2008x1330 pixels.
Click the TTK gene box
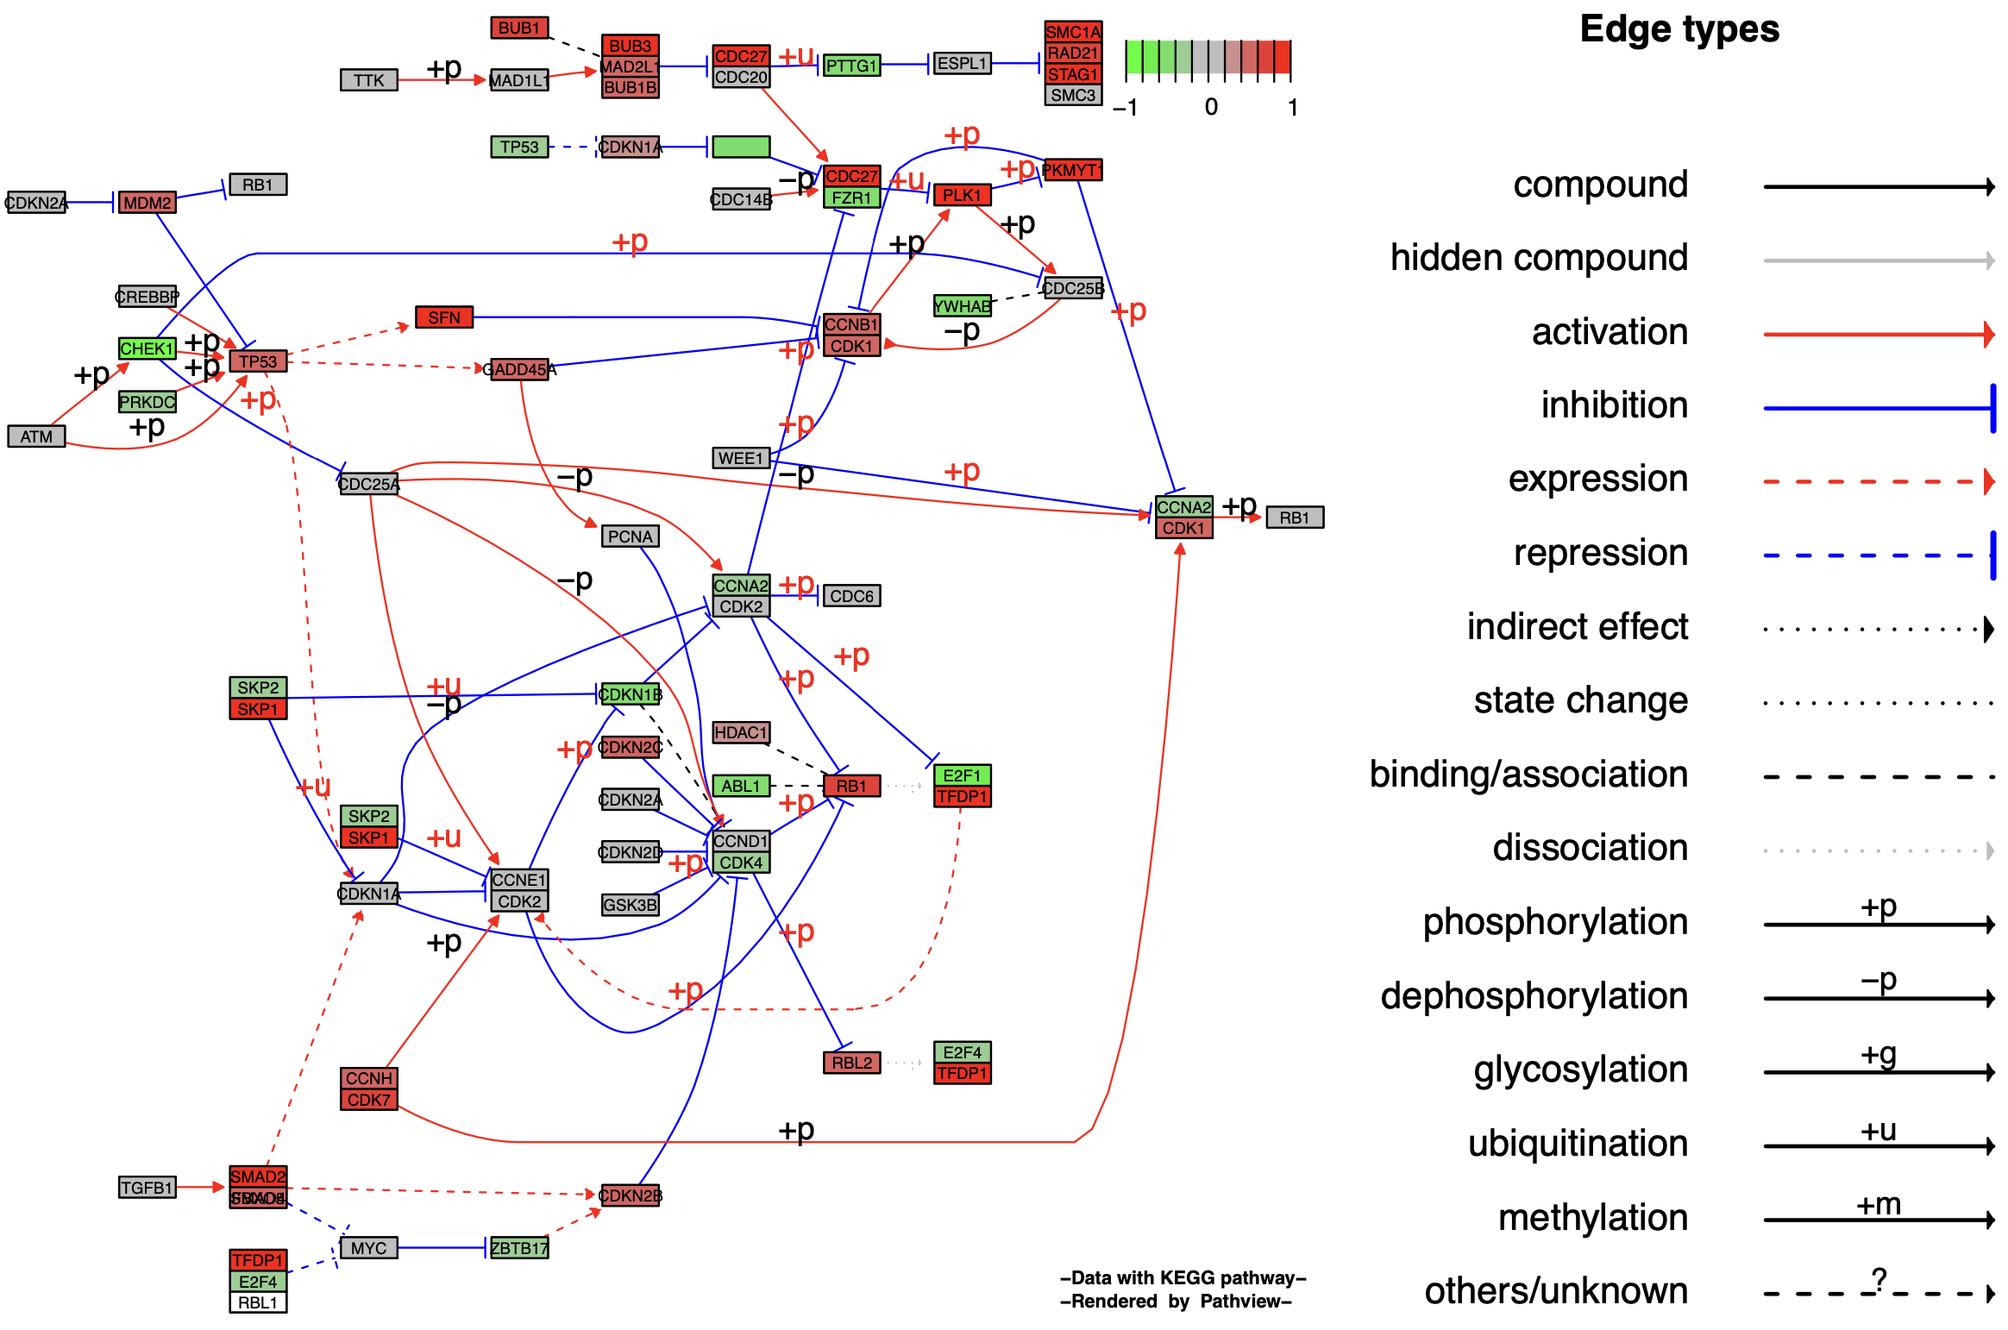tap(368, 80)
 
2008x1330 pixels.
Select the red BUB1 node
tap(519, 28)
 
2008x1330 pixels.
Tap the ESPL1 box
tap(962, 63)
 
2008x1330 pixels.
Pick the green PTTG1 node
tap(851, 66)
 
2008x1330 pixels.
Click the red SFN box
tap(444, 317)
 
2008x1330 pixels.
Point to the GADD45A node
tap(519, 369)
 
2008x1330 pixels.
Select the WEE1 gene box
tap(741, 458)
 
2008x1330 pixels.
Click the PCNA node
tap(630, 536)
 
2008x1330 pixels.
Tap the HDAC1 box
tap(741, 732)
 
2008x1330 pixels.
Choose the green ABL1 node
tap(741, 786)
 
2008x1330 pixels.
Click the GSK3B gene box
tap(630, 905)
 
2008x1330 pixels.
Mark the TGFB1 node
tap(147, 1188)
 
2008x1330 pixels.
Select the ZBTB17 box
tap(519, 1248)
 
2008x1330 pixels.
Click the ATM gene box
tap(36, 436)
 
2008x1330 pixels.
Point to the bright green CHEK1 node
tap(147, 348)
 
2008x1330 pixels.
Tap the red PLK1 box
tap(962, 195)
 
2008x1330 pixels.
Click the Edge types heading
tap(1679, 29)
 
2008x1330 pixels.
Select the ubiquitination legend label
tap(1578, 1144)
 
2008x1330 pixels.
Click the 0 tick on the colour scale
tap(1211, 107)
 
